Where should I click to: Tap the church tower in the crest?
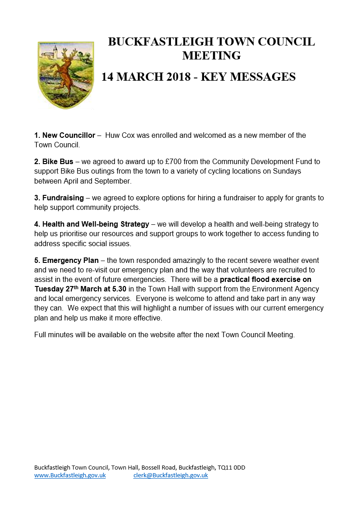(54, 48)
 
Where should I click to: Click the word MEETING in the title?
(211, 56)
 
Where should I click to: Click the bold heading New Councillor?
(68, 136)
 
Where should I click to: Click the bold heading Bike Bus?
(58, 162)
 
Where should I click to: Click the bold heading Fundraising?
(63, 198)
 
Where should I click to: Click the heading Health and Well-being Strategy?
(96, 224)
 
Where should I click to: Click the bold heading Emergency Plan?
(68, 261)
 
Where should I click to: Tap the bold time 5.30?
(117, 289)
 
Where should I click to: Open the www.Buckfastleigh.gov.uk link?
(70, 475)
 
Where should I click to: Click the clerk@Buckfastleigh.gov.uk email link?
(170, 475)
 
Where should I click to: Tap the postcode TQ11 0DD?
(231, 467)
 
